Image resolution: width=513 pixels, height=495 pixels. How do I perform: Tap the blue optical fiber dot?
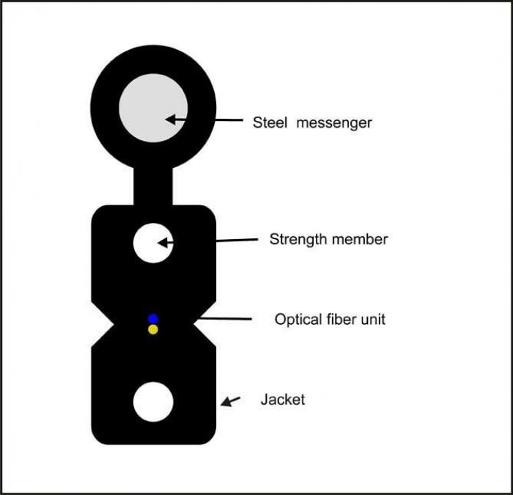pyautogui.click(x=153, y=318)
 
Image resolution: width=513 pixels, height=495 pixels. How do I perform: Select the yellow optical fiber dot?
pyautogui.click(x=153, y=330)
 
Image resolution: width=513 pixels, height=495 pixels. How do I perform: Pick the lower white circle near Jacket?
pyautogui.click(x=153, y=402)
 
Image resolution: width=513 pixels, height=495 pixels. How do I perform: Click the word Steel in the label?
pyautogui.click(x=270, y=123)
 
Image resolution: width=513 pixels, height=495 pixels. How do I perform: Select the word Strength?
pyautogui.click(x=297, y=239)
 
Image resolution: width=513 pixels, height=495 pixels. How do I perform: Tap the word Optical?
pyautogui.click(x=297, y=320)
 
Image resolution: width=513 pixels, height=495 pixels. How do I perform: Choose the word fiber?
pyautogui.click(x=343, y=320)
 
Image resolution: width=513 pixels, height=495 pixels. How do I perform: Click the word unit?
pyautogui.click(x=374, y=320)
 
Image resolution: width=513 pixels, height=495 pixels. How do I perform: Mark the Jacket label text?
pyautogui.click(x=282, y=400)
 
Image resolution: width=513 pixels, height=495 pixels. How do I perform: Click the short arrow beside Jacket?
pyautogui.click(x=231, y=401)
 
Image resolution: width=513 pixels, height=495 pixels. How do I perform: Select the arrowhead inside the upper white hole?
pyautogui.click(x=163, y=242)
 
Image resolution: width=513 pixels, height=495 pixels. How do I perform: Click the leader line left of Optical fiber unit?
pyautogui.click(x=224, y=318)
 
